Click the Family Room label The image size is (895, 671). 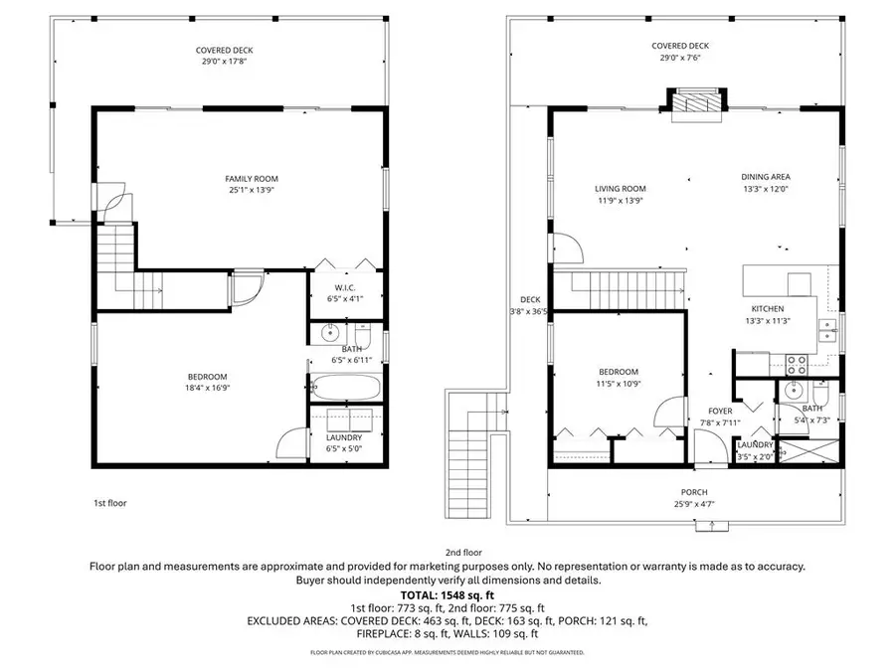click(x=244, y=178)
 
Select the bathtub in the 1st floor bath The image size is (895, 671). click(x=342, y=388)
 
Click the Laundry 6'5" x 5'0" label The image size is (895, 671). click(x=343, y=437)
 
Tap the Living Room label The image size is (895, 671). click(x=621, y=188)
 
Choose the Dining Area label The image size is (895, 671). click(x=765, y=177)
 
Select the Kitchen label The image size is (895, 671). click(x=768, y=308)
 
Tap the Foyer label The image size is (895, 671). click(x=720, y=410)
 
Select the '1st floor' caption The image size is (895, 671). click(x=109, y=503)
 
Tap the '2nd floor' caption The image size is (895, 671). click(x=464, y=552)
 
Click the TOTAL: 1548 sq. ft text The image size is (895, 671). click(x=447, y=593)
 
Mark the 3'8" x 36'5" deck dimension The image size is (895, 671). click(x=530, y=311)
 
